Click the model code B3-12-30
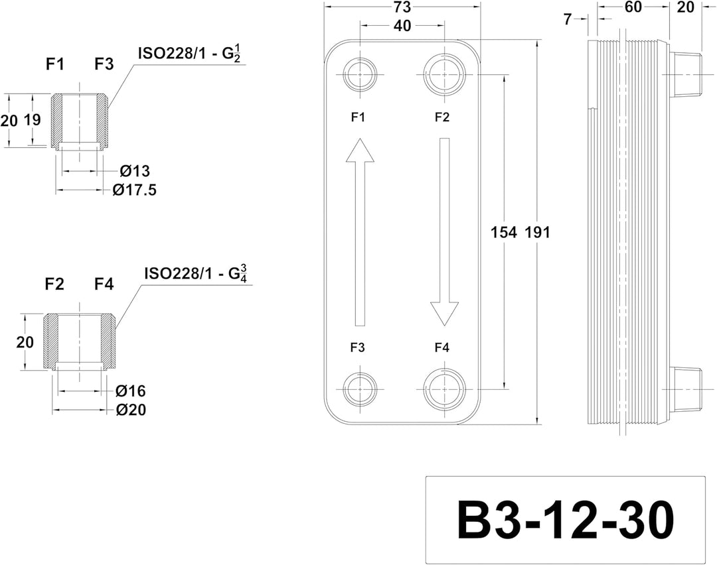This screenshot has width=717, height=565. (565, 521)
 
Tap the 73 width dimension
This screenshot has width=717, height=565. (402, 7)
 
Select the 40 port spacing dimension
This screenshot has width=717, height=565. (402, 26)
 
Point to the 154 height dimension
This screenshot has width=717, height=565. (503, 232)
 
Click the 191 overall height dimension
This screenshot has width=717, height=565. (537, 232)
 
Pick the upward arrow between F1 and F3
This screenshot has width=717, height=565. (360, 232)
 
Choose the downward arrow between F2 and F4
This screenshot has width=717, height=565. (444, 232)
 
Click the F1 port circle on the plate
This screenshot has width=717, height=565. (360, 74)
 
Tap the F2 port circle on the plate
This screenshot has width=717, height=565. (444, 74)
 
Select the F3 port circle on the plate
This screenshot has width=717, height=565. (360, 390)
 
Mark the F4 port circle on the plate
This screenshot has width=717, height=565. (444, 390)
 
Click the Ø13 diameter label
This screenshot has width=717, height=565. (135, 171)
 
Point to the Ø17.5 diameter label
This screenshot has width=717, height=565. (134, 189)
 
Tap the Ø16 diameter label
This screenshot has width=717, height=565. (130, 391)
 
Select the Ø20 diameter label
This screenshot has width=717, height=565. (131, 409)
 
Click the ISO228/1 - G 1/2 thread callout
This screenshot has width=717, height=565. (189, 54)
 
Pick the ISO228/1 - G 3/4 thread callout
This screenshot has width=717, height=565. (196, 274)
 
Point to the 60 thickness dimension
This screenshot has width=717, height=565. (633, 7)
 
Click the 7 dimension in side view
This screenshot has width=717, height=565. (568, 19)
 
